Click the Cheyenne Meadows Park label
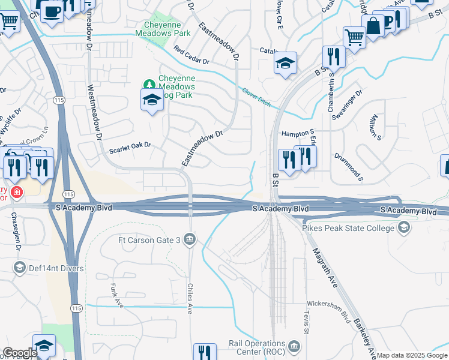[x=167, y=29]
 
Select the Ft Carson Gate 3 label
[x=149, y=240]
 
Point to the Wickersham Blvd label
[x=328, y=311]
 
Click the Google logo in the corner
[x=20, y=353]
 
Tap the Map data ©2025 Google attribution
[x=412, y=355]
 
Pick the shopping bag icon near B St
[x=373, y=26]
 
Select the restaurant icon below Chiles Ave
[x=205, y=352]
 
